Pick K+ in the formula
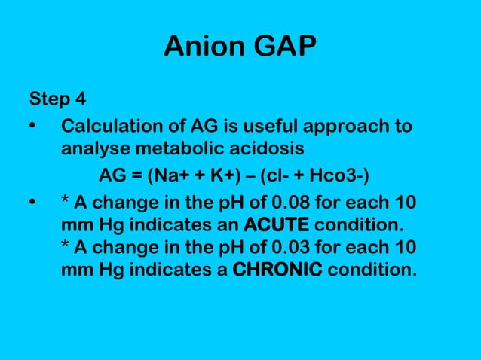click(x=221, y=176)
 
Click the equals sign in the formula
click(x=136, y=176)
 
